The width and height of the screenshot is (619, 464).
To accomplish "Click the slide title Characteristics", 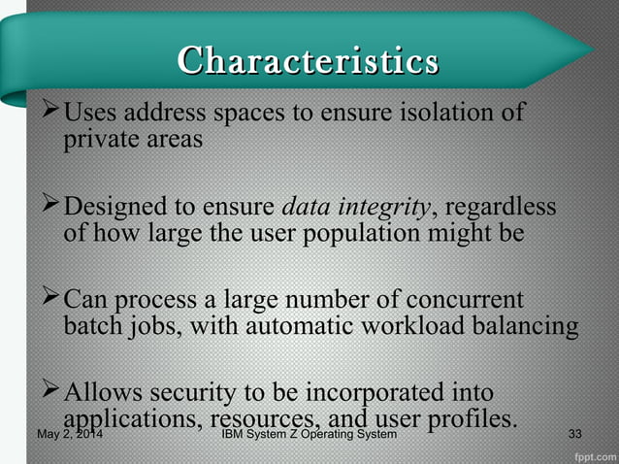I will click(308, 60).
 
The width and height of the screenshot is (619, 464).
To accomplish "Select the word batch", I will click(93, 325).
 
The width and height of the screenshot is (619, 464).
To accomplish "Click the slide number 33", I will click(575, 434).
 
